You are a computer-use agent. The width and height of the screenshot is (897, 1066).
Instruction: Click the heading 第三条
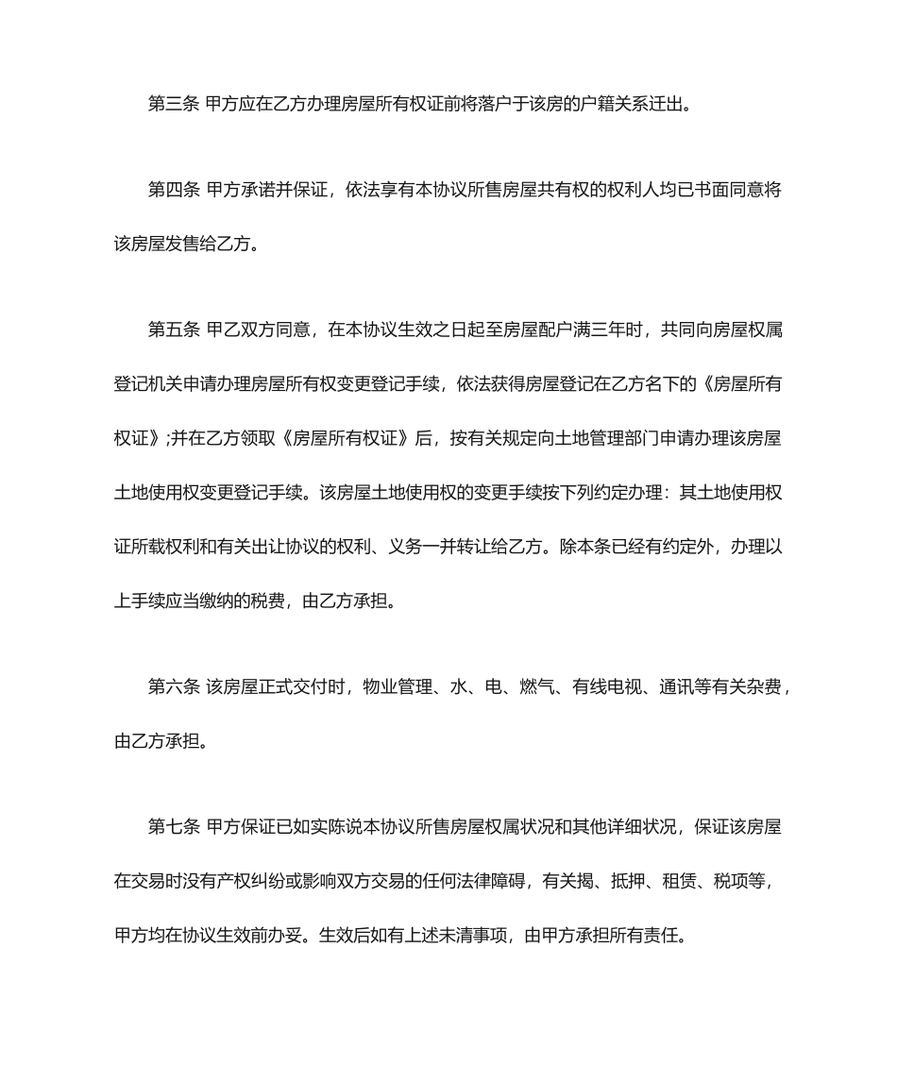173,104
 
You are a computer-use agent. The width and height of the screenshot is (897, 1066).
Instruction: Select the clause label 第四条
173,190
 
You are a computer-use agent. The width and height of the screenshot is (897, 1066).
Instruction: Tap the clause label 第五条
173,330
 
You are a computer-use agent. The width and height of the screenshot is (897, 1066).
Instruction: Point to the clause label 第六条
173,687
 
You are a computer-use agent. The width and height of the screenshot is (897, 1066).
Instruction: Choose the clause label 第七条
173,827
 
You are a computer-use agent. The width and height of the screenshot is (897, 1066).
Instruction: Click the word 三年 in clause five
608,330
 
